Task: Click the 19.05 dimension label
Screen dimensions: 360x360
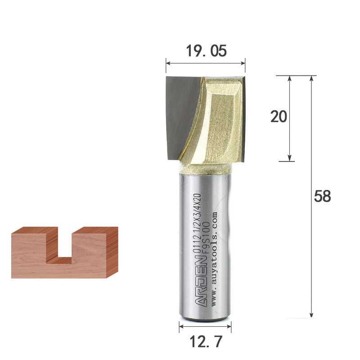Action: click(x=206, y=51)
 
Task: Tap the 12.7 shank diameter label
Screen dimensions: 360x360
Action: click(x=206, y=342)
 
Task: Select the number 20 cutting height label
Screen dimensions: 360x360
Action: click(x=279, y=117)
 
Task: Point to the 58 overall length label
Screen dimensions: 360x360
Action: click(x=322, y=196)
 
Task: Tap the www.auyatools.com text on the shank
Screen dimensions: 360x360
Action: click(x=213, y=259)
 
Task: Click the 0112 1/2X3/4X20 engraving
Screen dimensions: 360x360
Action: click(x=197, y=223)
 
